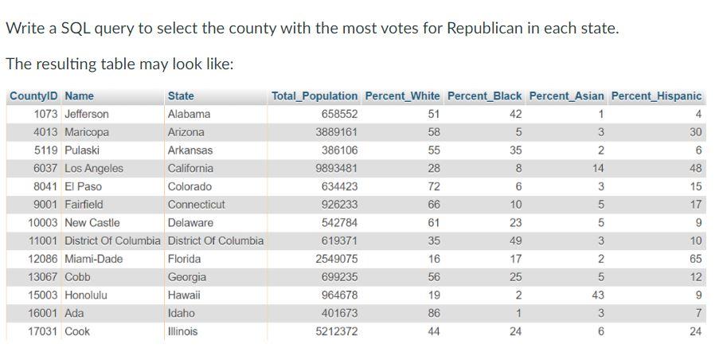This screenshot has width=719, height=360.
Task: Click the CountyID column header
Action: point(34,96)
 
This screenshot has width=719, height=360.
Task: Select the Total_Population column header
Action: point(315,96)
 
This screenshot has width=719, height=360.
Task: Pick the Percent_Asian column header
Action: point(566,96)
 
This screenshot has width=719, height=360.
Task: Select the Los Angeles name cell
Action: point(94,168)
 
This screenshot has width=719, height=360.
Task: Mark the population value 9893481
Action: point(337,168)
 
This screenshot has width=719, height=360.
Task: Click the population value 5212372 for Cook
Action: point(337,331)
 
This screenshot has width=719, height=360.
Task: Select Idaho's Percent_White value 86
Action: point(433,313)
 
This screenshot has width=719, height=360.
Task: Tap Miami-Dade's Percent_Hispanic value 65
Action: point(695,259)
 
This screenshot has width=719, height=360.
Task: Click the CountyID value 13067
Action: point(43,277)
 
